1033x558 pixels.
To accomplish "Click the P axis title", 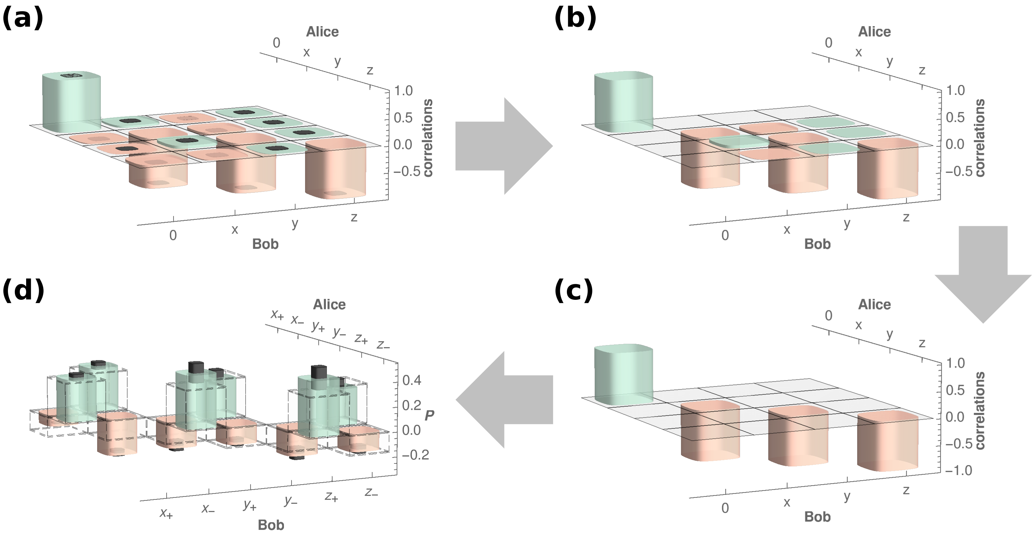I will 429,415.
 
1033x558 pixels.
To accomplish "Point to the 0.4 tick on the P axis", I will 412,380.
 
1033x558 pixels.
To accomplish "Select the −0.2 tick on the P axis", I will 416,455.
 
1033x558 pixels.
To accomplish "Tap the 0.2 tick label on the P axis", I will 412,405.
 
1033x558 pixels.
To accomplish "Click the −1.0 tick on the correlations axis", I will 958,470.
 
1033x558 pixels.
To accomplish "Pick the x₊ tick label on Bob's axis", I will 166,513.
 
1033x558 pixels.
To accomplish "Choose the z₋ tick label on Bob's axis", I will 371,492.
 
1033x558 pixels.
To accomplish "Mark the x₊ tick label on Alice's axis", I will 277,314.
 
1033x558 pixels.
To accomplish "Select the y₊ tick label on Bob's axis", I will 250,505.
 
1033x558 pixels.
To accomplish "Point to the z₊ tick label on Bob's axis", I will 331,497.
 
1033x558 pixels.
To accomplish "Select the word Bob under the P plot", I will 271,525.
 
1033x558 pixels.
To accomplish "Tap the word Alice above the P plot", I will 329,304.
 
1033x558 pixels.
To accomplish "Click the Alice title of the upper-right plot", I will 874,32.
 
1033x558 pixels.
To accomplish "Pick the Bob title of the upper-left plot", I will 265,244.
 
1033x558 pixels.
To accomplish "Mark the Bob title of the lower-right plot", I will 817,517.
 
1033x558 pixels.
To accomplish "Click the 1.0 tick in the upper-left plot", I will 403,91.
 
